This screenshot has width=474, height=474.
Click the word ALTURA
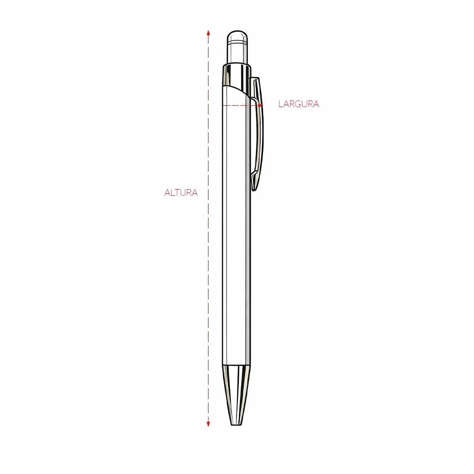click(x=181, y=192)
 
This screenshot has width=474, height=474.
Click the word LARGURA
click(x=299, y=104)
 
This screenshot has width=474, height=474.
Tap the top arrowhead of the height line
click(x=208, y=32)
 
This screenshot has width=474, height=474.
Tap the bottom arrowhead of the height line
click(x=208, y=424)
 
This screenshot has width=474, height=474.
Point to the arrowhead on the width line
click(x=260, y=105)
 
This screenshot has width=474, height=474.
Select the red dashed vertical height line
click(x=208, y=228)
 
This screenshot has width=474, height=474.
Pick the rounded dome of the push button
click(x=237, y=36)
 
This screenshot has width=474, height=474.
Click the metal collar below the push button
click(x=237, y=75)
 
